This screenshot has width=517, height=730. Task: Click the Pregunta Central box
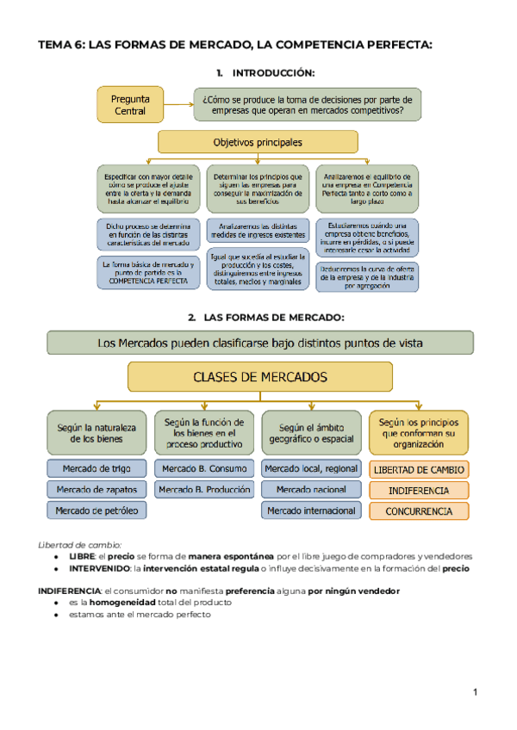[129, 105]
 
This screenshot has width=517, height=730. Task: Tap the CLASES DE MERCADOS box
[259, 377]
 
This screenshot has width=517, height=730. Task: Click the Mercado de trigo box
[97, 469]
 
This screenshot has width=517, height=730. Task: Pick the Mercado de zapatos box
[97, 490]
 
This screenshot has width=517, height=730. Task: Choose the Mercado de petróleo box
[97, 510]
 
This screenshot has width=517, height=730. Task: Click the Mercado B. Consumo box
[204, 469]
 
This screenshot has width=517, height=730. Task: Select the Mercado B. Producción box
[204, 490]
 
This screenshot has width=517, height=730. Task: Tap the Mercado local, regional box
[312, 469]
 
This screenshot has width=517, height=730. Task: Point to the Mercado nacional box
[312, 490]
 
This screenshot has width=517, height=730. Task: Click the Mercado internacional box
[312, 510]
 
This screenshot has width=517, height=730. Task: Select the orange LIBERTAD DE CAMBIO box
[419, 470]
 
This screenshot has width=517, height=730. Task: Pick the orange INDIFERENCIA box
[419, 491]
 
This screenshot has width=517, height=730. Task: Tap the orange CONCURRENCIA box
[419, 511]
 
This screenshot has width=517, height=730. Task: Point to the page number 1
[475, 691]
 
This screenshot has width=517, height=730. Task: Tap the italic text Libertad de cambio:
[80, 544]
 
